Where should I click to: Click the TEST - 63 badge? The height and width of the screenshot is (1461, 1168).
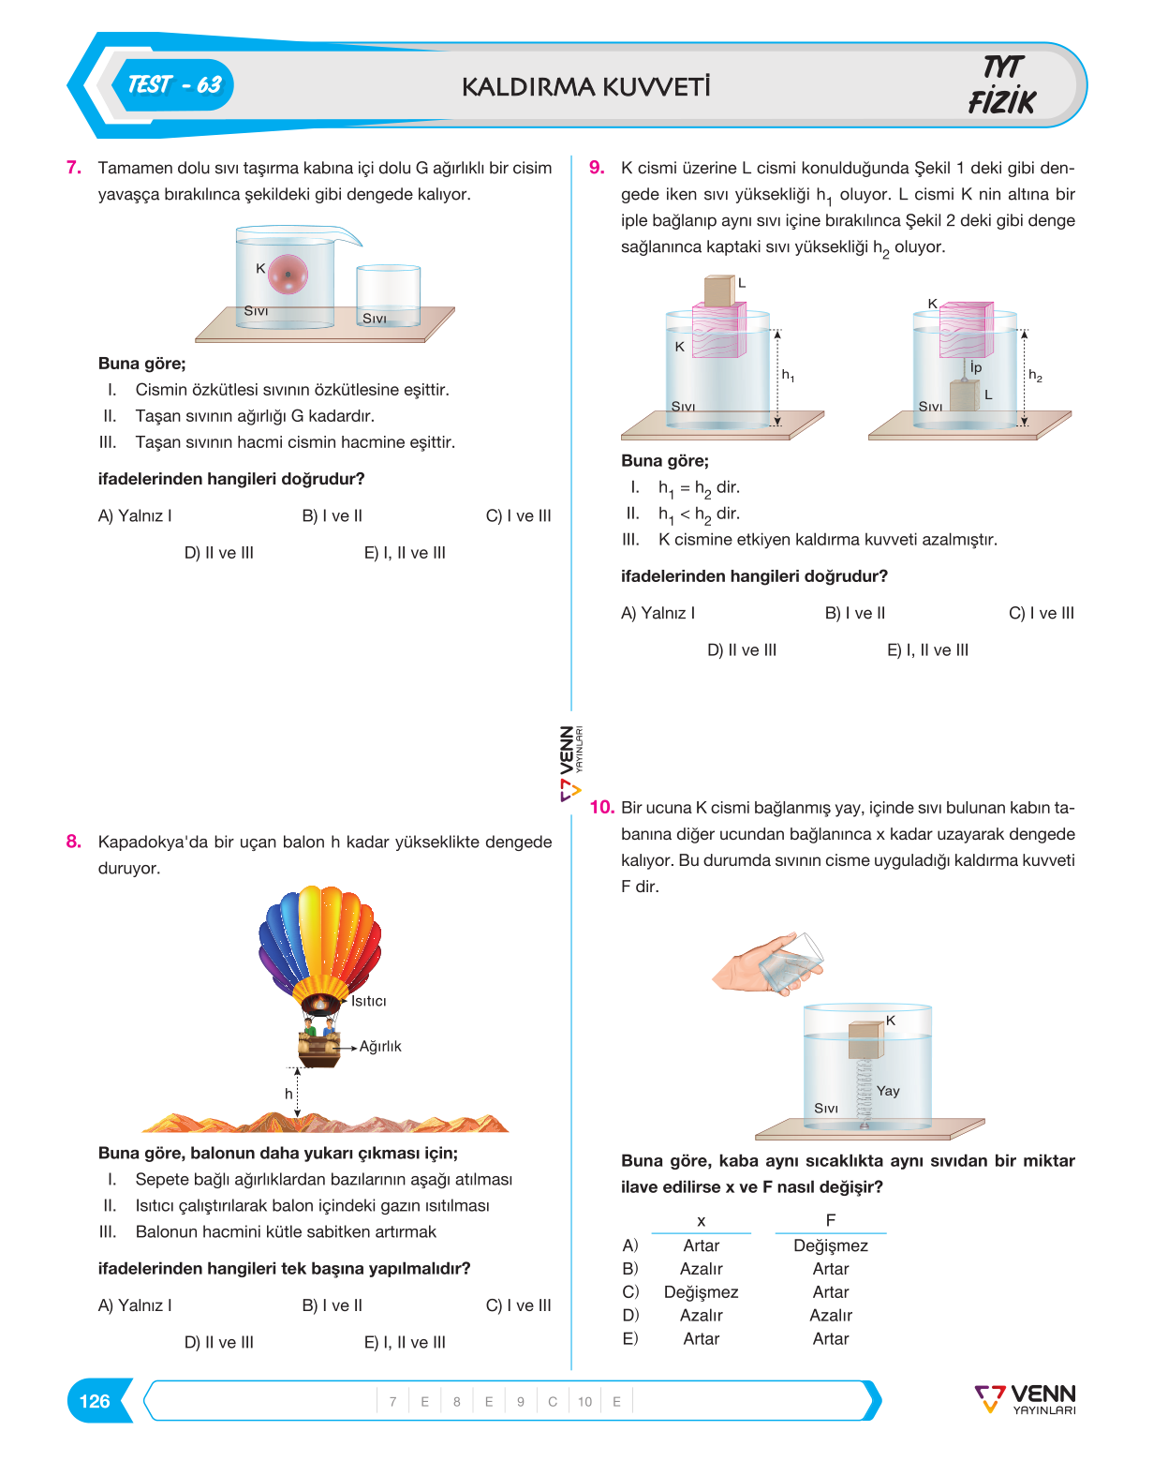pyautogui.click(x=173, y=85)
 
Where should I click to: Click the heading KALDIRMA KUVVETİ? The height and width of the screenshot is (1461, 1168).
pyautogui.click(x=585, y=87)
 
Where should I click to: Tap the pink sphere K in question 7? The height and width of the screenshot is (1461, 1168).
pyautogui.click(x=288, y=275)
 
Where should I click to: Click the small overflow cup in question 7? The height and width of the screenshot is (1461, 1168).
pyautogui.click(x=388, y=296)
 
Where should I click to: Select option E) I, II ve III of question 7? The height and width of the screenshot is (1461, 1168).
pyautogui.click(x=405, y=553)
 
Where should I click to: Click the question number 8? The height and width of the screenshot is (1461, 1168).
pyautogui.click(x=73, y=842)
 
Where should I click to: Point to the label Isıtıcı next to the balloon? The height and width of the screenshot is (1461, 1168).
pyautogui.click(x=368, y=1001)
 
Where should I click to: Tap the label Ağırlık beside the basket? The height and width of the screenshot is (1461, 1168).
pyautogui.click(x=380, y=1046)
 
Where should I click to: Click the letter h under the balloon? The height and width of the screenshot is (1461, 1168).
pyautogui.click(x=288, y=1093)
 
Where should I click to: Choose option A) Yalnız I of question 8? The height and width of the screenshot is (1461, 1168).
pyautogui.click(x=134, y=1304)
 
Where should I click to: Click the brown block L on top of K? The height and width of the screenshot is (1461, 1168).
pyautogui.click(x=719, y=291)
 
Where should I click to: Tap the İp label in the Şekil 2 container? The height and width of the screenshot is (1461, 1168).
pyautogui.click(x=976, y=367)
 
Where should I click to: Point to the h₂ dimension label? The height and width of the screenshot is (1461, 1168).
pyautogui.click(x=1035, y=376)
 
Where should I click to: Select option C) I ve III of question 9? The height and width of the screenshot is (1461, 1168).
pyautogui.click(x=1042, y=613)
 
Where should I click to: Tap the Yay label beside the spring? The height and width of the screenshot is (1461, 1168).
pyautogui.click(x=888, y=1091)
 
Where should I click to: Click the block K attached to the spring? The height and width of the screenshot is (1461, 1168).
pyautogui.click(x=866, y=1039)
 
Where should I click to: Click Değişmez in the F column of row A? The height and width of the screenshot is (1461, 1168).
pyautogui.click(x=831, y=1245)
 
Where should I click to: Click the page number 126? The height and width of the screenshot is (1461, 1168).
pyautogui.click(x=95, y=1401)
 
